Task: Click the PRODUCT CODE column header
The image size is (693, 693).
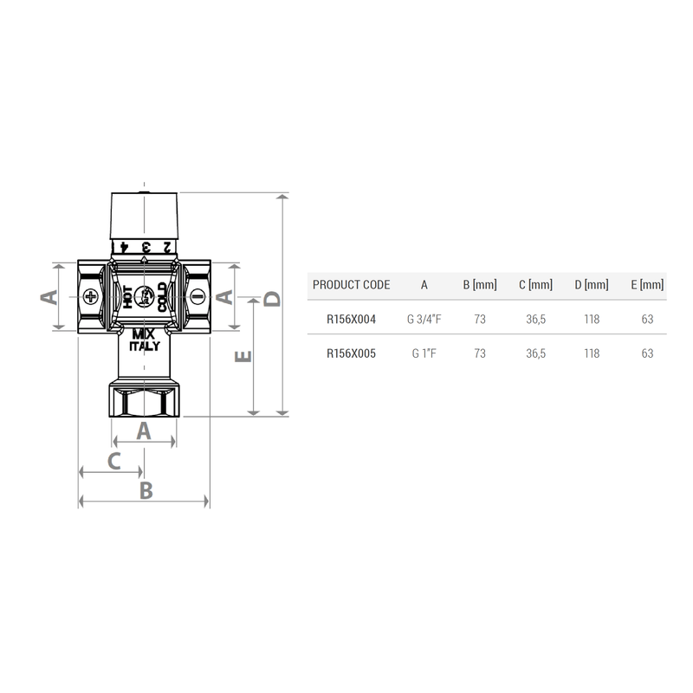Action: (351, 285)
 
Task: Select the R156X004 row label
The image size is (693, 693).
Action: (351, 320)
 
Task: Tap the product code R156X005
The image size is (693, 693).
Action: (351, 353)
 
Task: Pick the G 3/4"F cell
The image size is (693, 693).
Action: (424, 320)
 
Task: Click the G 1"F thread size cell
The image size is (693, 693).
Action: (424, 353)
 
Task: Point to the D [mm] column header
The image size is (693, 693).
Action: (592, 285)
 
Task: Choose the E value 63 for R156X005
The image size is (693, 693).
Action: (647, 353)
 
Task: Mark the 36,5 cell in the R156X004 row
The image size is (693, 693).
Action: (535, 320)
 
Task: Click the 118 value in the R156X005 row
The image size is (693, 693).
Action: (592, 353)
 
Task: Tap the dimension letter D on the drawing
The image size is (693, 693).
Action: (272, 299)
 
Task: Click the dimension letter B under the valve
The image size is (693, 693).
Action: (146, 490)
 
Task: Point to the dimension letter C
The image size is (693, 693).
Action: (113, 461)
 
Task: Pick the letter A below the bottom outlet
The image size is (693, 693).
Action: (145, 431)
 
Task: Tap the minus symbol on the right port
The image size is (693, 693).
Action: (196, 297)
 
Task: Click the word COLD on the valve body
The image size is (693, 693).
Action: (162, 297)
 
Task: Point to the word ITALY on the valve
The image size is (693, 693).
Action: (144, 346)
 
